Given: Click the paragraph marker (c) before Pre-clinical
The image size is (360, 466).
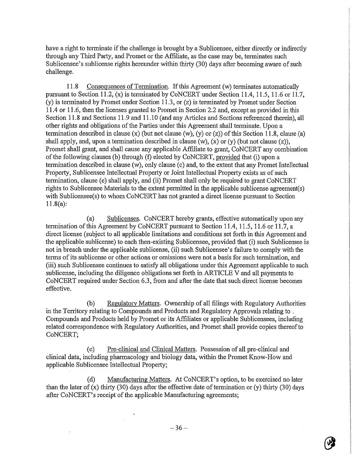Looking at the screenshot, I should pyautogui.click(x=91, y=349).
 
